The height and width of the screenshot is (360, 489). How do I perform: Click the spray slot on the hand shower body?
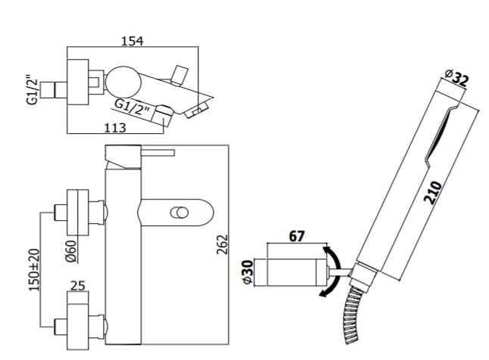point(440,134)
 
